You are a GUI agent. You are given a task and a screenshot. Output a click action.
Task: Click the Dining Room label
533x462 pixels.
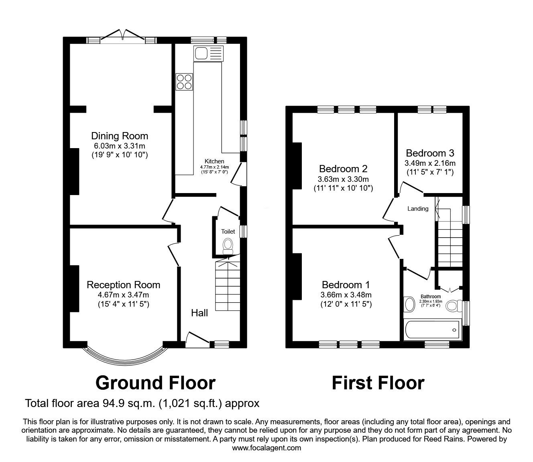pyautogui.click(x=120, y=136)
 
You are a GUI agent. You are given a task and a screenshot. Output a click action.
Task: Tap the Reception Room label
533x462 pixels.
pyautogui.click(x=123, y=285)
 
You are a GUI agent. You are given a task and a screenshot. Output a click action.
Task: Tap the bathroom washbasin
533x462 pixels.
pyautogui.click(x=409, y=304)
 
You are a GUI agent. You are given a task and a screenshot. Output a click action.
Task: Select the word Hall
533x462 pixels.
pyautogui.click(x=199, y=313)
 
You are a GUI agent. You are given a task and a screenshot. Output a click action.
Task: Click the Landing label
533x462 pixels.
pyautogui.click(x=418, y=209)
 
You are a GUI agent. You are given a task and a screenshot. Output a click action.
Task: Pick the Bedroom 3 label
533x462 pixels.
pyautogui.click(x=430, y=153)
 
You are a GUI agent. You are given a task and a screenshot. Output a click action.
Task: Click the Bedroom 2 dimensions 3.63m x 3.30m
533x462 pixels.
pyautogui.click(x=344, y=179)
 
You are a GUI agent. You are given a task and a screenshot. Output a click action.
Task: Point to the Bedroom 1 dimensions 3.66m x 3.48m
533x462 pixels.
pyautogui.click(x=346, y=295)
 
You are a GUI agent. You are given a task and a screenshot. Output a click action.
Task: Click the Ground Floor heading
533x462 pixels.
pyautogui.click(x=155, y=383)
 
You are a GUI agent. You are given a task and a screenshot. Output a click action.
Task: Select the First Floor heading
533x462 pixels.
pyautogui.click(x=378, y=383)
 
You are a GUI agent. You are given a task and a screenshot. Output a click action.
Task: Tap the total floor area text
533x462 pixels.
pyautogui.click(x=142, y=403)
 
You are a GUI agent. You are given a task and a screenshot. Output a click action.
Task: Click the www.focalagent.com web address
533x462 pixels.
pyautogui.click(x=266, y=448)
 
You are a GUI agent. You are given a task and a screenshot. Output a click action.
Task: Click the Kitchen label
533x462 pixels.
pyautogui.click(x=214, y=161)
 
